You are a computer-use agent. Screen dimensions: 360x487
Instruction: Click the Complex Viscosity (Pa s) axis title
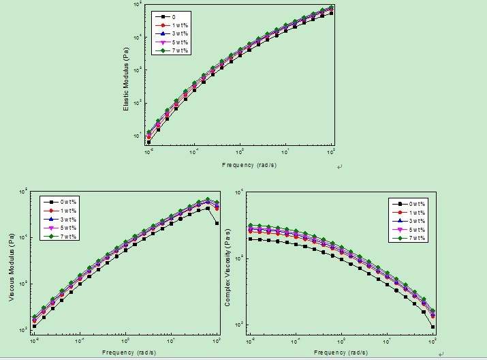[x=228, y=268]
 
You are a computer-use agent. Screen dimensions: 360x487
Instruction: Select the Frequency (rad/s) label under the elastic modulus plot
[x=249, y=165]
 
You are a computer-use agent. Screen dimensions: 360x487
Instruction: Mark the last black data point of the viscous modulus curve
[x=217, y=223]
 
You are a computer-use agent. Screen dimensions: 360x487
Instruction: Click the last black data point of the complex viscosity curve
[x=433, y=327]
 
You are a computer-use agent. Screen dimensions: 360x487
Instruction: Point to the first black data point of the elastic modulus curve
[x=148, y=142]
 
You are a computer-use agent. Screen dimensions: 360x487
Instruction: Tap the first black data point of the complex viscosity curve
[x=251, y=239]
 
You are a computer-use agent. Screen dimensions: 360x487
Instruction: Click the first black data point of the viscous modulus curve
[x=34, y=326]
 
